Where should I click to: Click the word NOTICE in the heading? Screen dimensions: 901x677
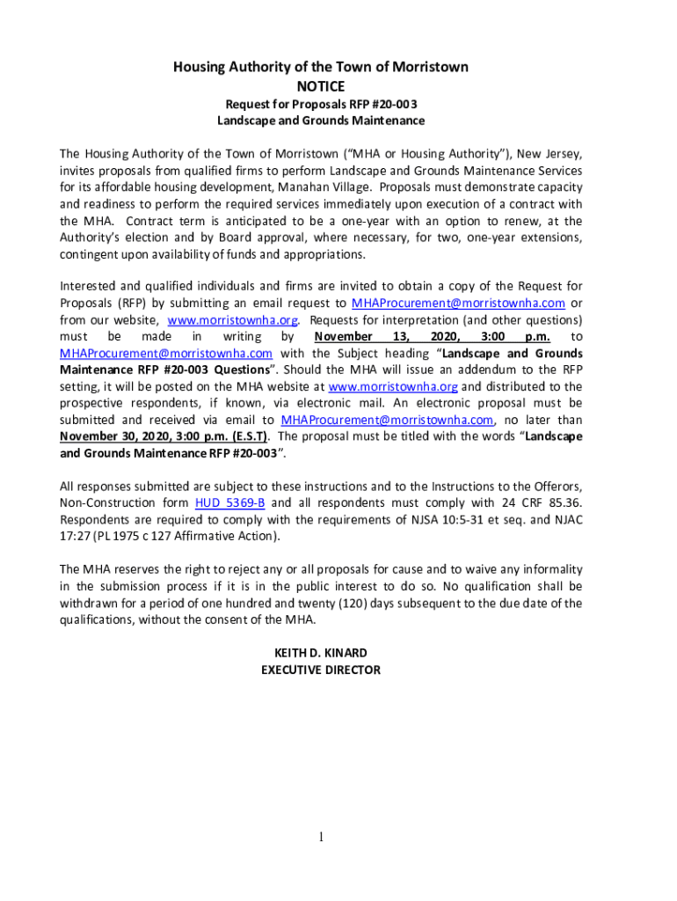tap(320, 86)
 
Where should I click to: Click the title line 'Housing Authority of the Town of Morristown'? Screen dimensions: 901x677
tap(320, 67)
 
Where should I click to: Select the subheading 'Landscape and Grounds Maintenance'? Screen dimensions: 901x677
tap(321, 120)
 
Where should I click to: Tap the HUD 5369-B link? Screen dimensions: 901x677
tap(229, 502)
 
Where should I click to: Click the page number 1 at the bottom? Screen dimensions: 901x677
tap(322, 837)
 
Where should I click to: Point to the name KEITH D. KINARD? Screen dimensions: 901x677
tap(321, 653)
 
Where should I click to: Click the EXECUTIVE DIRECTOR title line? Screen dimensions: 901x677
tap(321, 670)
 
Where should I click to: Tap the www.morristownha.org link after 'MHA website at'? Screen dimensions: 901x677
tap(393, 386)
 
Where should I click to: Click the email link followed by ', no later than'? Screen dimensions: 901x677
tap(386, 420)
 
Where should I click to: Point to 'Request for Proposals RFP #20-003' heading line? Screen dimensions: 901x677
tap(321, 103)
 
